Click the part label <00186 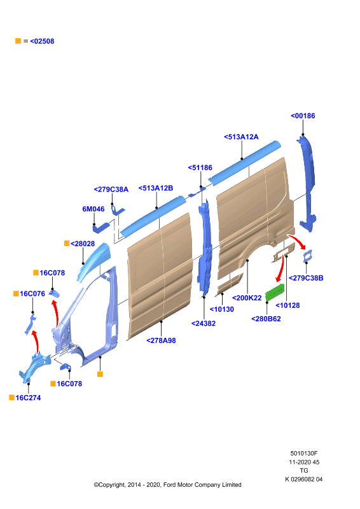click(303, 116)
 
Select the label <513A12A click(241, 137)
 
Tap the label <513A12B click(156, 188)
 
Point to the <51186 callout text click(200, 168)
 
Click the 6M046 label click(93, 209)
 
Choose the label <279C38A click(111, 190)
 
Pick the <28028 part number click(83, 244)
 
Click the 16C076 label click(32, 294)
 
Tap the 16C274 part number click(28, 398)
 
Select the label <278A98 click(161, 340)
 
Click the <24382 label click(203, 324)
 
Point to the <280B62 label click(266, 319)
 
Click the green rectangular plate click(275, 292)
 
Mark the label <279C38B click(306, 278)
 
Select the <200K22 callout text click(247, 298)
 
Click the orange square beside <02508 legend click(18, 41)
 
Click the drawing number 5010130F click(304, 454)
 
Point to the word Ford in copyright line click(169, 485)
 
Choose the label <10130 click(222, 309)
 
